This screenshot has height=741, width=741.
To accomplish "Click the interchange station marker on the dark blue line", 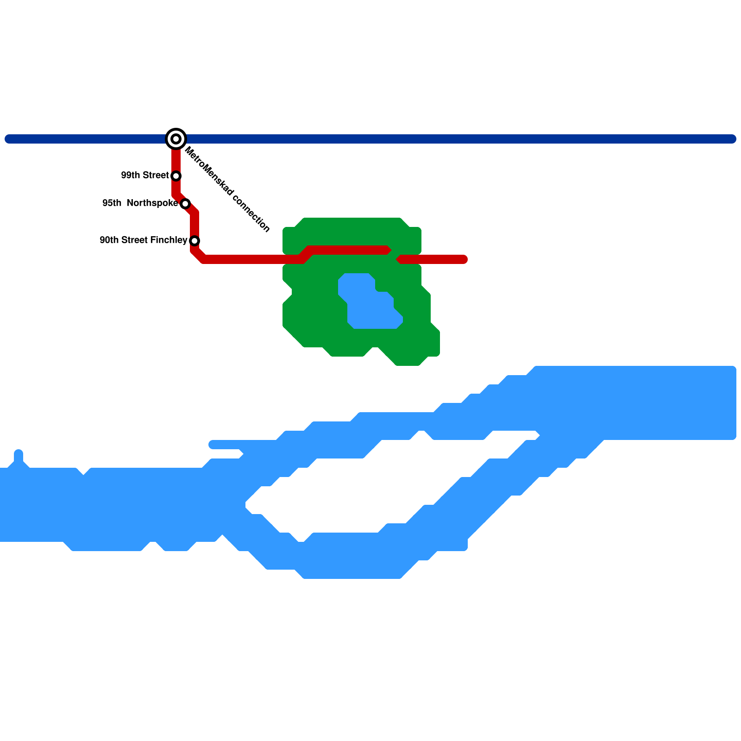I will pos(176,139).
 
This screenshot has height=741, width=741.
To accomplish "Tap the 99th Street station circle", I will pos(176,176).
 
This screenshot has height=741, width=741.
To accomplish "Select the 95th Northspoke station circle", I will pos(185,204).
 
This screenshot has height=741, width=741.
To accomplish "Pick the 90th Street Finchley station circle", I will pos(195,241).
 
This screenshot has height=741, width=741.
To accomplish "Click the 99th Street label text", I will pos(144,176).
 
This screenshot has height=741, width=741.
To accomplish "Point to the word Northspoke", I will pos(152,203).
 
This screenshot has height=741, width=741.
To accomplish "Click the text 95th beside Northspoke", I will pos(112,203).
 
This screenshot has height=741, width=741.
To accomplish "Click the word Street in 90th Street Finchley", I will pos(135,240).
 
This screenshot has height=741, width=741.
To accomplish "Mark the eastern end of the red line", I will pos(464,259).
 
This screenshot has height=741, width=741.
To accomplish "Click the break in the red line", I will pos(394,255).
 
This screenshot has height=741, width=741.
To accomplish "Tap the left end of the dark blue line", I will pos(8,139).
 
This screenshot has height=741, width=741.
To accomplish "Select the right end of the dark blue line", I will pos(733,139).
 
